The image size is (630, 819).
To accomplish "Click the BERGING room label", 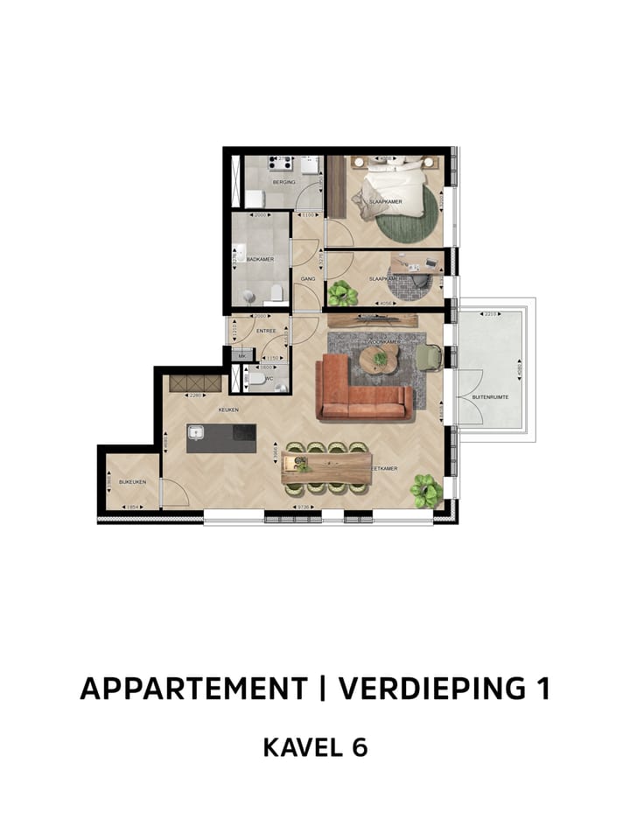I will [x=283, y=182].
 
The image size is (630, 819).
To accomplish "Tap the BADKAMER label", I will [x=259, y=260].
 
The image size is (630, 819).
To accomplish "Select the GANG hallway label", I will [x=307, y=279].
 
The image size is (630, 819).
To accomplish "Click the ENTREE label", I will [x=266, y=331].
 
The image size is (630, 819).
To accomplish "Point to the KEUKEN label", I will [x=229, y=409].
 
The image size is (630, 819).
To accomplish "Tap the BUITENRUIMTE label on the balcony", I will [x=490, y=396].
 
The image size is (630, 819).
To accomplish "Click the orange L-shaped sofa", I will [x=362, y=389].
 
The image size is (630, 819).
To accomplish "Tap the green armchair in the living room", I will [x=430, y=356].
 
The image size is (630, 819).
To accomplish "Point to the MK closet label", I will [x=241, y=357].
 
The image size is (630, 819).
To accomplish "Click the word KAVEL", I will [x=297, y=748].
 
